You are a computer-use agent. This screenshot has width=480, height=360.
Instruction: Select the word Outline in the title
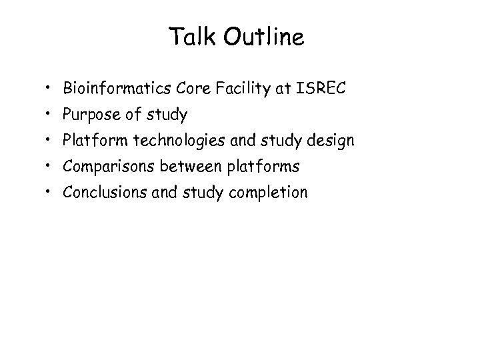point(265,37)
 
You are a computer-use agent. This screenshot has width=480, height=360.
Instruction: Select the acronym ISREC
point(321,88)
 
